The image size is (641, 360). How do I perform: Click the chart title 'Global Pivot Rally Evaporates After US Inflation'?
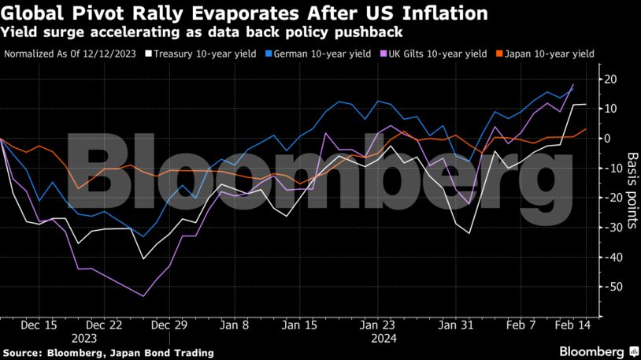244,14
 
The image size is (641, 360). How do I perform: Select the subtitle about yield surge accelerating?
202,33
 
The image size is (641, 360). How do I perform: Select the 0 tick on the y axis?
606,138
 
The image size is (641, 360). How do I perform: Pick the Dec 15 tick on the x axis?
39,325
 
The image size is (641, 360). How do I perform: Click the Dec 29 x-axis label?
169,325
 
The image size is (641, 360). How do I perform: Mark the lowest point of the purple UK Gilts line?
143,296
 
